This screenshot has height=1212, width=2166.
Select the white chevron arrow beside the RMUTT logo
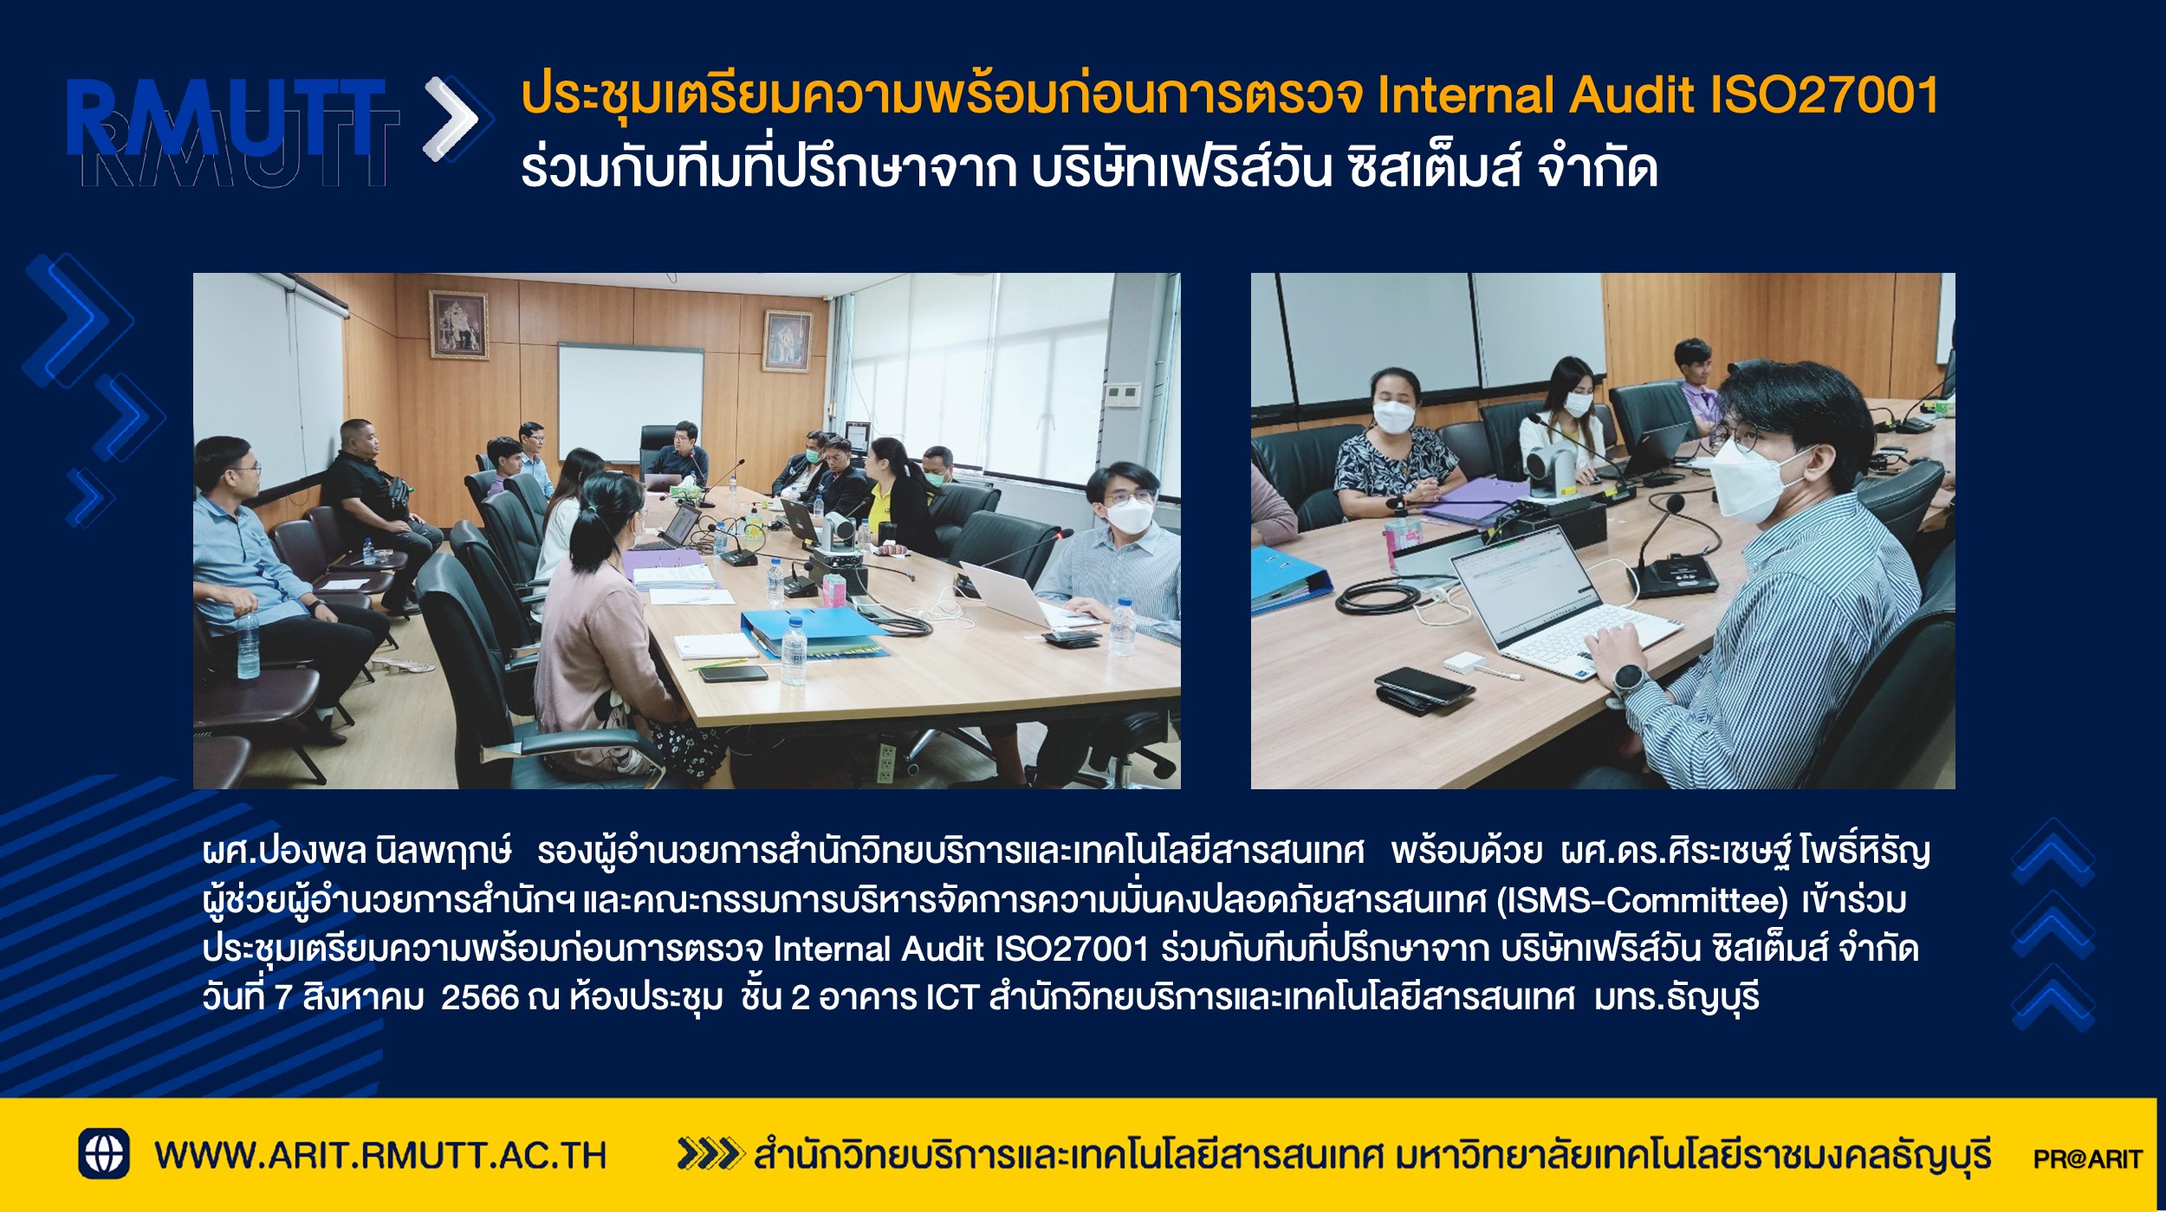click(x=452, y=119)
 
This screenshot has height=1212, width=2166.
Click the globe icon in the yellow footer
click(x=104, y=1153)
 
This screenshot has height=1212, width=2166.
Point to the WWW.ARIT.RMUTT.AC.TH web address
click(x=380, y=1156)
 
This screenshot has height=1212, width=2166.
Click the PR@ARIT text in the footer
click(x=2087, y=1158)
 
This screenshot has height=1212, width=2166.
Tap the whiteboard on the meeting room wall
click(x=630, y=402)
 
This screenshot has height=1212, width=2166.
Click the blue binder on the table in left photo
click(x=812, y=631)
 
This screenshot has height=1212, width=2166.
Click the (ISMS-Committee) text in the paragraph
click(x=1643, y=901)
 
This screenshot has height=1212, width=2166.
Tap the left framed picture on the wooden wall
click(x=458, y=324)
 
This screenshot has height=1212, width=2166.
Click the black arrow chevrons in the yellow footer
click(x=710, y=1154)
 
